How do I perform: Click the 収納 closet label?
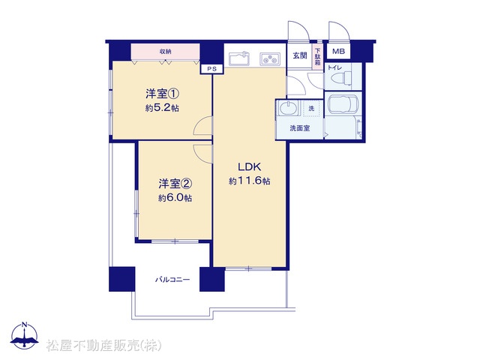tap(165, 52)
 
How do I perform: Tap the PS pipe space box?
tap(211, 69)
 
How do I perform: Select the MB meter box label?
tap(338, 51)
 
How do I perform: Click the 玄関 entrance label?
tap(300, 55)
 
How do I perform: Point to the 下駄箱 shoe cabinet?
tap(318, 56)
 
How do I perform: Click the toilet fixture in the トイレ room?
tap(347, 78)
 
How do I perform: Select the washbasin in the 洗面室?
tap(288, 109)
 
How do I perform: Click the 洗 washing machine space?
tap(312, 108)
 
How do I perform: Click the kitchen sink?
tap(239, 58)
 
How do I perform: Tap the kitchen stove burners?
tap(270, 58)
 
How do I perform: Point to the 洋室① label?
tap(162, 94)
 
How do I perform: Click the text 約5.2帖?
tap(162, 108)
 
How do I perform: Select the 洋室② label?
tap(175, 184)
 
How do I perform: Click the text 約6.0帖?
tap(175, 198)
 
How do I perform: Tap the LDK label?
tap(250, 166)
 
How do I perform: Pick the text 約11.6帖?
tap(250, 181)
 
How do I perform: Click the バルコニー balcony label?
tap(172, 280)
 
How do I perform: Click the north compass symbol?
tap(25, 335)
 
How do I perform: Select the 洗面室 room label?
tap(300, 128)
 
